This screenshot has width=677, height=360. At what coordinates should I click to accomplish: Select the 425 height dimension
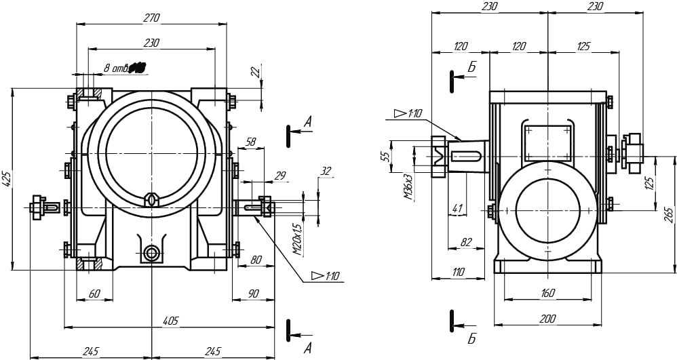[7, 178]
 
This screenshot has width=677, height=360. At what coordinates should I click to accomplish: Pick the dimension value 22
[255, 71]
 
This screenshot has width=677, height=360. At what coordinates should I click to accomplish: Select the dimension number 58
[250, 142]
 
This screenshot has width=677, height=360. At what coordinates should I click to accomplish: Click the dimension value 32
[326, 171]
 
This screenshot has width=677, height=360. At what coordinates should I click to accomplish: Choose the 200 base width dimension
[549, 318]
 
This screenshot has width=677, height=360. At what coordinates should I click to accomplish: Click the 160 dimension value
[548, 293]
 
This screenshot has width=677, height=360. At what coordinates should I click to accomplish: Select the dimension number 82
[465, 242]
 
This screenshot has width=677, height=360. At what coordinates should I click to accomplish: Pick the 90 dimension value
[253, 293]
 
